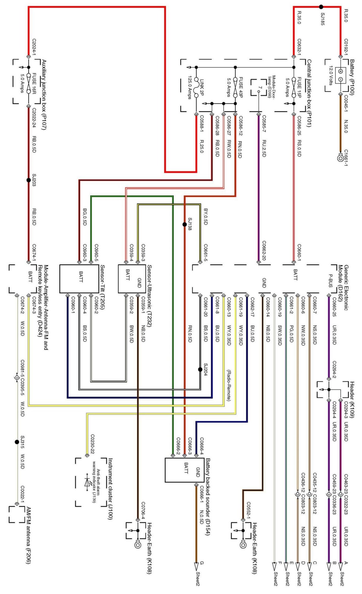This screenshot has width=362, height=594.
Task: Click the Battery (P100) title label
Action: tap(352, 77)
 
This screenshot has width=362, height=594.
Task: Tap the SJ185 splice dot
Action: tap(321, 7)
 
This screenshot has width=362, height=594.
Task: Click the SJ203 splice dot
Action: tap(29, 180)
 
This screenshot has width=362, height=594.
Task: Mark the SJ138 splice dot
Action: tap(185, 225)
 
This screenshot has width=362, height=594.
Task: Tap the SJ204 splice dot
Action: tap(200, 369)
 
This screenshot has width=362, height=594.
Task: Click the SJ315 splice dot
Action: tap(17, 442)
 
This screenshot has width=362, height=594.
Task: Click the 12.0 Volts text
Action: tap(330, 75)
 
